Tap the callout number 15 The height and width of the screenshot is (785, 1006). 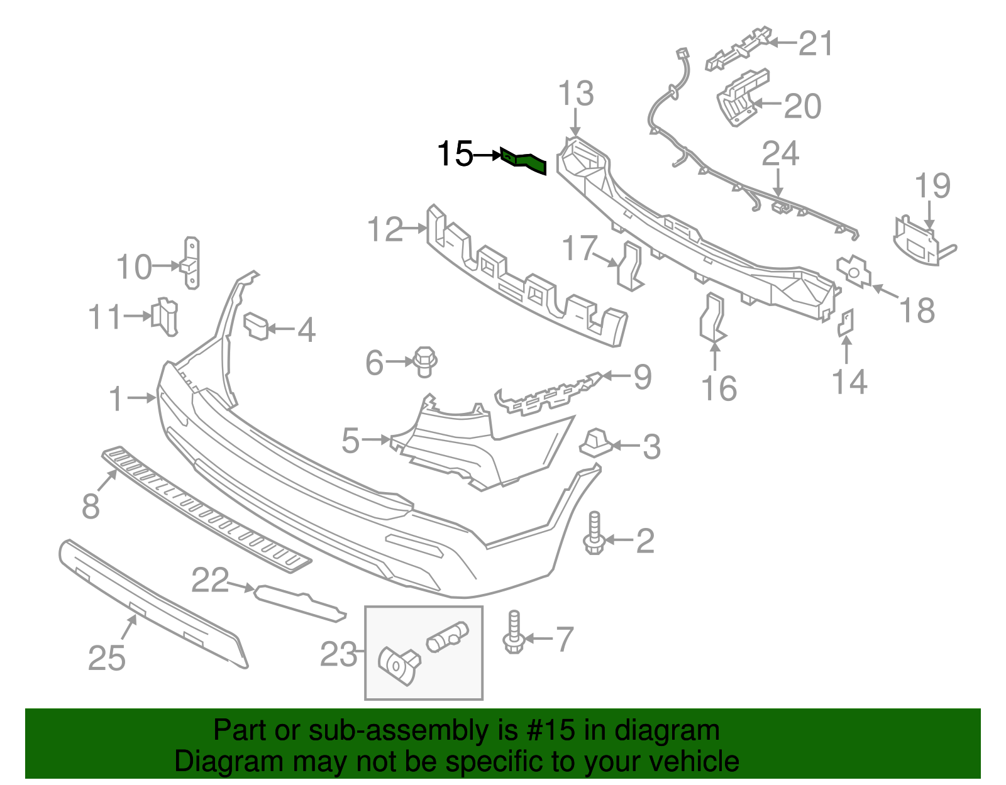(455, 154)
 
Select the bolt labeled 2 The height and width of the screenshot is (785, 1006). (594, 534)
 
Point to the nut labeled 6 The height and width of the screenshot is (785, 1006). (424, 361)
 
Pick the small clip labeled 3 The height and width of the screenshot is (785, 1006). (595, 442)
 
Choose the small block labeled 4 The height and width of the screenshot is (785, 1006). (257, 325)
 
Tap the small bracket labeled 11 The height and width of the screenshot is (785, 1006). (165, 316)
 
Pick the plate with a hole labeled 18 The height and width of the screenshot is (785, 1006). (853, 271)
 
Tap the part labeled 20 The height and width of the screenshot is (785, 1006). (742, 97)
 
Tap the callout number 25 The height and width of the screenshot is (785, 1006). (107, 658)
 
